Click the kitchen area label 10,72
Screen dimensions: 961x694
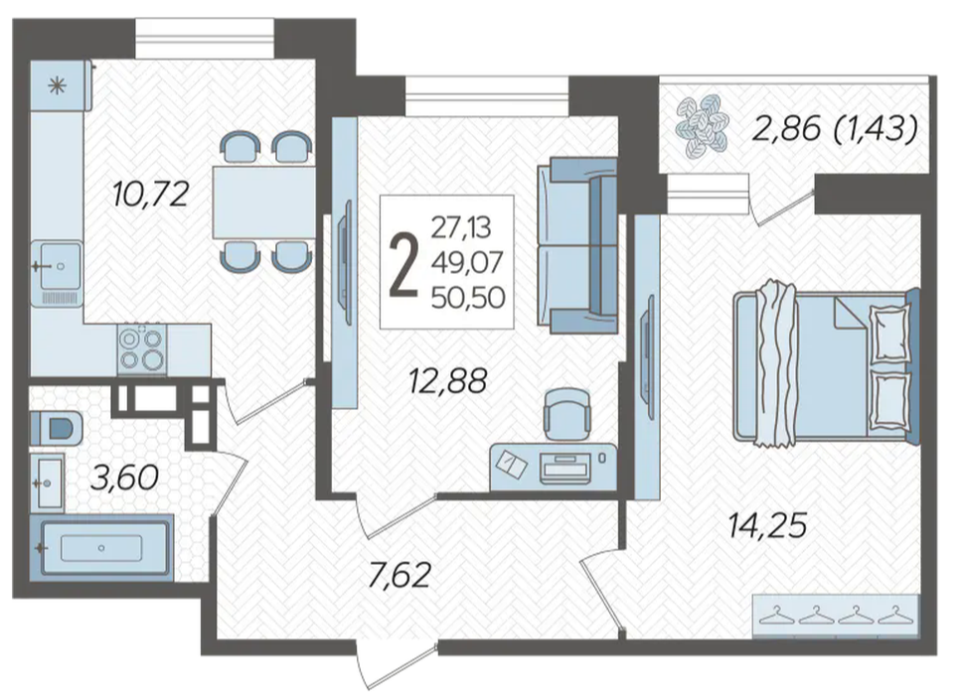pos(150,195)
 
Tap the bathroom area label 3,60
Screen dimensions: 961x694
pos(124,478)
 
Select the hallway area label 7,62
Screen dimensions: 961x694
pos(400,575)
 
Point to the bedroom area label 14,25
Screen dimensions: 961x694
pos(767,525)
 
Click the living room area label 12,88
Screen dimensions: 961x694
pos(448,380)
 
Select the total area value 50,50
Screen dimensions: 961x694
pos(468,298)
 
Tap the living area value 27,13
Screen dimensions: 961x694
pos(461,228)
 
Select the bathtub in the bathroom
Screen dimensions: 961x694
pos(101,547)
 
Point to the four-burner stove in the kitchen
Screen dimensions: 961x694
pos(142,348)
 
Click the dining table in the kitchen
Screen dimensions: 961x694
pos(263,202)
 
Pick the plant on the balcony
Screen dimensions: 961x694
pos(702,127)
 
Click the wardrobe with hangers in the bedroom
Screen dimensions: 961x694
pos(836,615)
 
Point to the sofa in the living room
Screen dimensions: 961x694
pos(577,245)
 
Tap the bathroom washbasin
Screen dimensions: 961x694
pos(47,483)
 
